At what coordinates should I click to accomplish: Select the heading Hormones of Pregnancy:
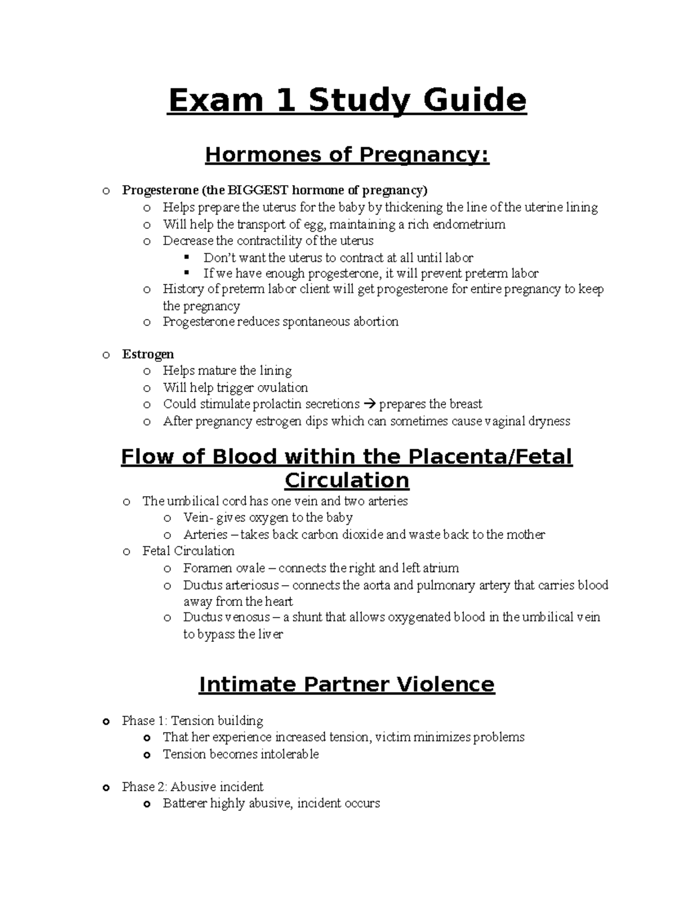pos(347,155)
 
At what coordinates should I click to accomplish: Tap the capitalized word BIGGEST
pos(258,190)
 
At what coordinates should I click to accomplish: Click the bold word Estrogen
pos(148,354)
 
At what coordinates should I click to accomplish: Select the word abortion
pos(375,321)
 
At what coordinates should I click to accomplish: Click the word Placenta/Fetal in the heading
pos(490,457)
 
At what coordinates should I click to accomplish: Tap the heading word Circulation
pos(347,481)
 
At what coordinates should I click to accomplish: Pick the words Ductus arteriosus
pos(231,585)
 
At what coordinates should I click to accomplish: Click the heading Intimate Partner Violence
pos(347,685)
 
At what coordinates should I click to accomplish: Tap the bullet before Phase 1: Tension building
pos(105,722)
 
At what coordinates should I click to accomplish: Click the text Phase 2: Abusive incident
pos(193,786)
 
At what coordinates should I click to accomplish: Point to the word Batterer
pos(184,803)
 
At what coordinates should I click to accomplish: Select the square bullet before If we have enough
pos(186,272)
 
